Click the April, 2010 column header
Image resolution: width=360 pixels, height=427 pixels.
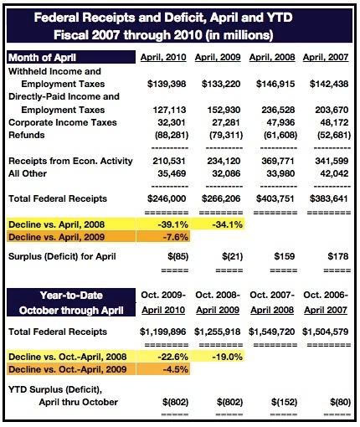point(163,58)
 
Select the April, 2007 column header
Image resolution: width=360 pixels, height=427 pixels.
point(326,58)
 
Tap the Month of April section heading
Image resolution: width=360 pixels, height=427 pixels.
point(42,58)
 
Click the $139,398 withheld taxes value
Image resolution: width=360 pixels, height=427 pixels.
point(167,84)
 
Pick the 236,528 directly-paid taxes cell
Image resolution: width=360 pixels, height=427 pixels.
point(278,110)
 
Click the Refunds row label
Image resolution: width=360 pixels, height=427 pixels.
point(27,135)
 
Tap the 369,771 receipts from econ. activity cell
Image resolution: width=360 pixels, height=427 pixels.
point(278,161)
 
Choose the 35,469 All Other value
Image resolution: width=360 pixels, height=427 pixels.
point(172,173)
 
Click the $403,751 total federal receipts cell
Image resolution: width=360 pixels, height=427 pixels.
point(275,198)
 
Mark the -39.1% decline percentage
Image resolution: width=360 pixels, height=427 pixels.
point(173,224)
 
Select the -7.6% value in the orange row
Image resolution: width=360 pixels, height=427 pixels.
point(175,237)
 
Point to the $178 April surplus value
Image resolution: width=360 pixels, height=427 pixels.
point(338,256)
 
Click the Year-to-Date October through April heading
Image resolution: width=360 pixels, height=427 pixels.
point(71,303)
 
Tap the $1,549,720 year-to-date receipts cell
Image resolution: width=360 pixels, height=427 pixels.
point(271,332)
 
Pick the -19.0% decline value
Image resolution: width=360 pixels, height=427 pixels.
point(228,357)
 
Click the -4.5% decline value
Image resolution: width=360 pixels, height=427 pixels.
point(175,369)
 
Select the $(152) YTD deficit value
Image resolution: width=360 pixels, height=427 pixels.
point(284,403)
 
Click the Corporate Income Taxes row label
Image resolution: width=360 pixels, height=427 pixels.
point(63,122)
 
